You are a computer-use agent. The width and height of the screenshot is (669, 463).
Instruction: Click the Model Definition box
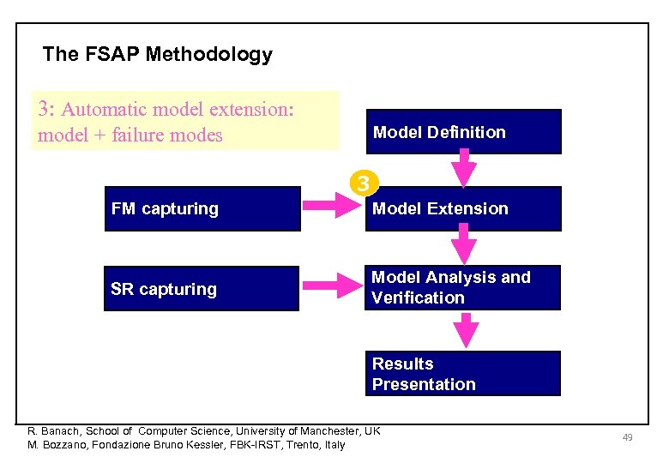pyautogui.click(x=463, y=132)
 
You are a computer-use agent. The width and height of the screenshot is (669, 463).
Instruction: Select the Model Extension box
pyautogui.click(x=463, y=209)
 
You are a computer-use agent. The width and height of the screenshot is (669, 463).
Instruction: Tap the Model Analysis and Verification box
pyautogui.click(x=463, y=287)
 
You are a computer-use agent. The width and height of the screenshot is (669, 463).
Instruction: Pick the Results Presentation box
pyautogui.click(x=463, y=374)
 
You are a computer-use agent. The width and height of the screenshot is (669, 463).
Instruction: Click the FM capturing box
pyautogui.click(x=202, y=209)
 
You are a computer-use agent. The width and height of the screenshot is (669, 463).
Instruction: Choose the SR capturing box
pyautogui.click(x=202, y=289)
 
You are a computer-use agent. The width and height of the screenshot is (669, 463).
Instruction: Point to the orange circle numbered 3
pyautogui.click(x=364, y=183)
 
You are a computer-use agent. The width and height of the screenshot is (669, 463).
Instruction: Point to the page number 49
pyautogui.click(x=627, y=438)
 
